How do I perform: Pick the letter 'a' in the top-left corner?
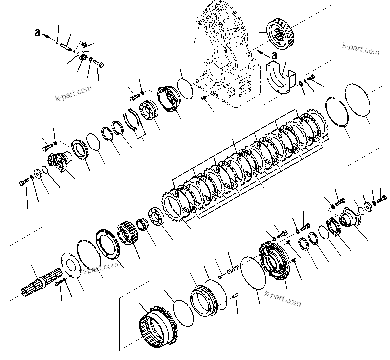pos(38,32)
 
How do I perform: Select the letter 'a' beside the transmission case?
pos(274,55)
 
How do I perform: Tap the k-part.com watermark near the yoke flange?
pos(73,93)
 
